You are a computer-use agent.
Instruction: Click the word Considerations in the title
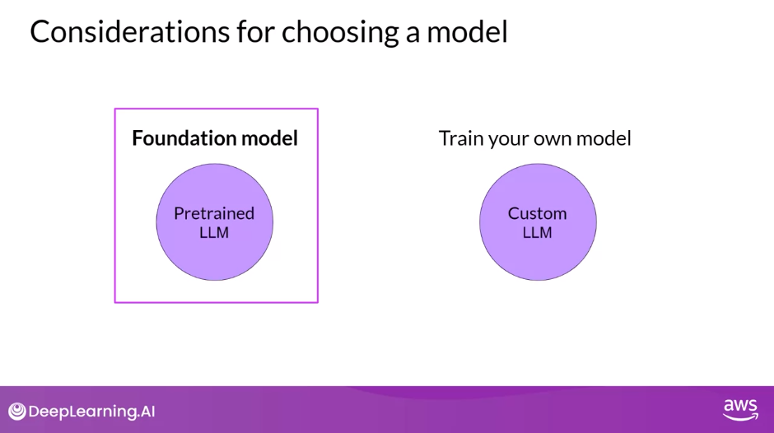coord(130,31)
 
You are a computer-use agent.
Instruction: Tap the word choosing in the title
coord(340,34)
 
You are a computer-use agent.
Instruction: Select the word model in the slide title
coord(467,32)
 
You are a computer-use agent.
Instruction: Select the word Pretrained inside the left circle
coord(214,213)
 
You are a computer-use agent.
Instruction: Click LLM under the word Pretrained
coord(214,232)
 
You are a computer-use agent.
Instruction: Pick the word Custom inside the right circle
coord(537,213)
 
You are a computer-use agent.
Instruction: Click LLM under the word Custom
coord(537,232)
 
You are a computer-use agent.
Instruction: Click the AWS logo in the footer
coord(740,410)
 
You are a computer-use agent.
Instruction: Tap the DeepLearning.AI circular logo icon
coord(17,412)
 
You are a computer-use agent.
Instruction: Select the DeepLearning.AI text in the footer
coord(92,412)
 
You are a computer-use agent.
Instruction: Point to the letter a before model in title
coord(413,35)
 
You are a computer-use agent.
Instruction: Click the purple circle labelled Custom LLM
coord(538,222)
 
